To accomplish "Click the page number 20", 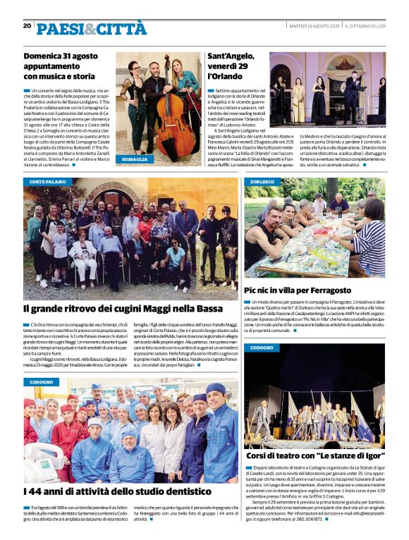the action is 28,25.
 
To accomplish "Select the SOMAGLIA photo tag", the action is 135,160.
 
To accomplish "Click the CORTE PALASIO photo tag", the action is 48,182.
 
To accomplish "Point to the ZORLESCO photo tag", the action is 262,182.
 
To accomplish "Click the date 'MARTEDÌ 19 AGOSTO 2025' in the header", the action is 314,26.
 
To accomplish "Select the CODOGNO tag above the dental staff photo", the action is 41,381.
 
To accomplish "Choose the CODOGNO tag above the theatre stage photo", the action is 262,348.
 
